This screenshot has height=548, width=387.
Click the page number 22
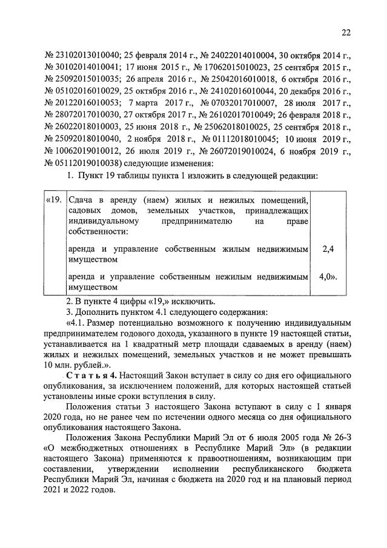346,33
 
